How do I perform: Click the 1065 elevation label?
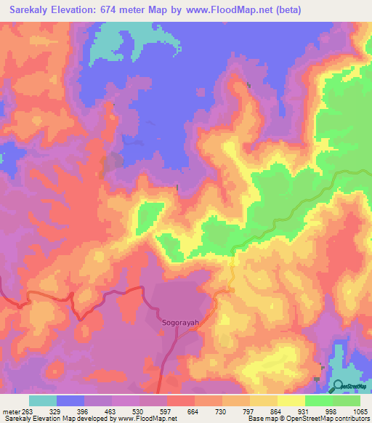click(362, 410)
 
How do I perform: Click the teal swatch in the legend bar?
click(43, 400)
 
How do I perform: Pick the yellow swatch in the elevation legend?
click(291, 400)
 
